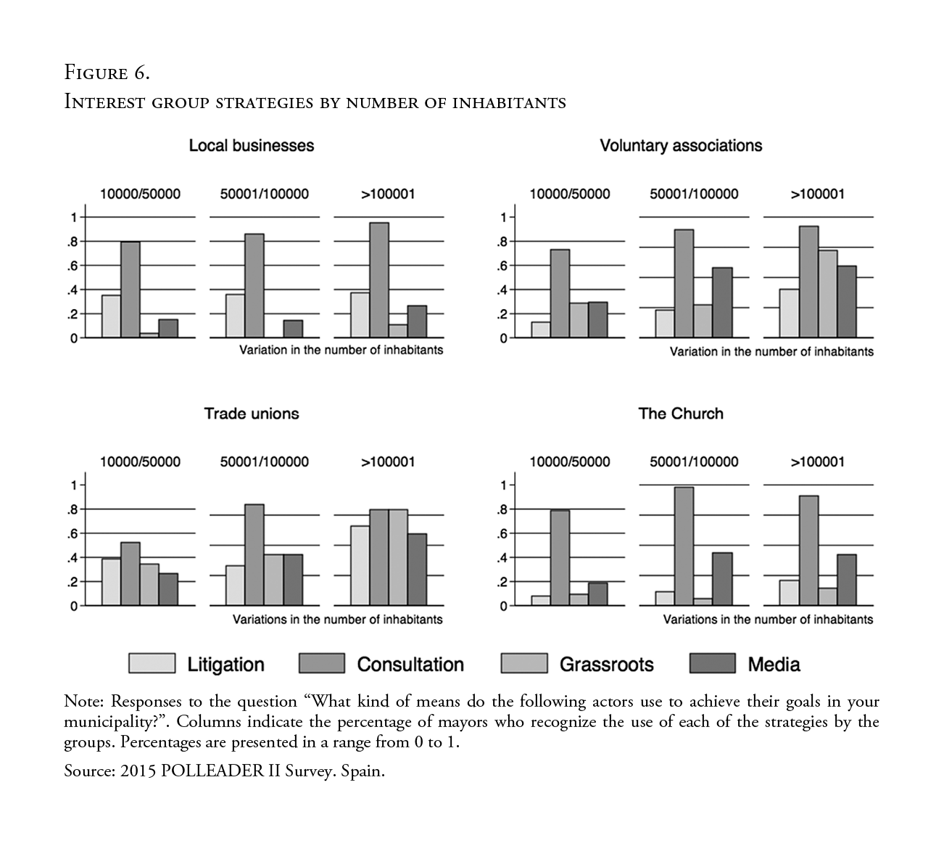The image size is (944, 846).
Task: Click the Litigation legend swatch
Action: click(x=152, y=663)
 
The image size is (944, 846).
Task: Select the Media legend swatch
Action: click(x=713, y=663)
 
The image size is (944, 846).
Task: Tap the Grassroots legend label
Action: click(x=606, y=665)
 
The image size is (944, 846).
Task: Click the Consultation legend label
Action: click(x=410, y=665)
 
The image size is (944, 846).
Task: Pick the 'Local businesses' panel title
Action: click(x=252, y=146)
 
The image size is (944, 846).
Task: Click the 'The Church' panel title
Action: click(x=681, y=414)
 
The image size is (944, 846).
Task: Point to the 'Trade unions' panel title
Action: click(x=252, y=414)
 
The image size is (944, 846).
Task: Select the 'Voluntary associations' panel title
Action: click(x=681, y=146)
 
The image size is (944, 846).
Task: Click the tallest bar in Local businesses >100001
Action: click(x=379, y=280)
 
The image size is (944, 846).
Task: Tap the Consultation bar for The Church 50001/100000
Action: click(x=684, y=546)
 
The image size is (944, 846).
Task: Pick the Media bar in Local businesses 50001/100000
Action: click(x=293, y=329)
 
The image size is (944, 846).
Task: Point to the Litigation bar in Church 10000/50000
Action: click(x=541, y=601)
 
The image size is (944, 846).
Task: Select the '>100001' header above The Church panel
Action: click(x=817, y=462)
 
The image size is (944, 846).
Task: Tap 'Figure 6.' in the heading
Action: click(x=107, y=73)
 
